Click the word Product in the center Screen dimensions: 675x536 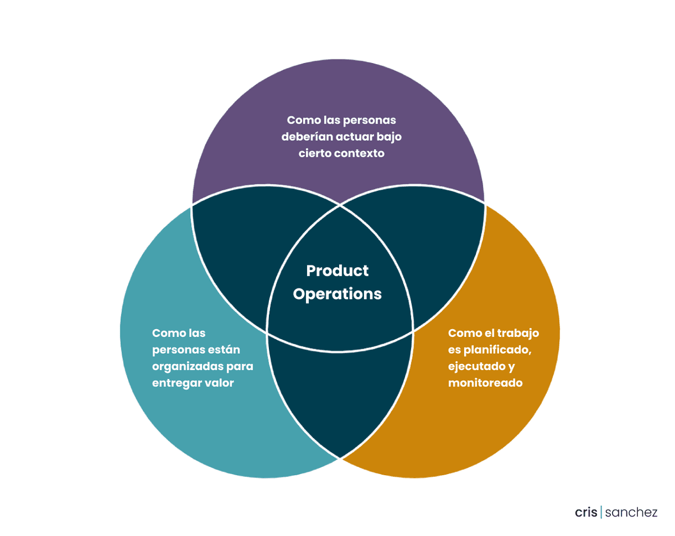pos(337,271)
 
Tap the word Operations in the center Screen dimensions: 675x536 pos(337,295)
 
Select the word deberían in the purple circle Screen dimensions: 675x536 pos(307,137)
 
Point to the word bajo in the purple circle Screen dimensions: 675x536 pos(389,137)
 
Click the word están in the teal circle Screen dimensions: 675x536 pos(225,349)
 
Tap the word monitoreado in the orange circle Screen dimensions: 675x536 pos(485,382)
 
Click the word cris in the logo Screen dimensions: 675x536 pos(586,512)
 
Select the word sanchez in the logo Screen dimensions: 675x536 pos(631,512)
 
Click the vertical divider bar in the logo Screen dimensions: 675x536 pos(601,512)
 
